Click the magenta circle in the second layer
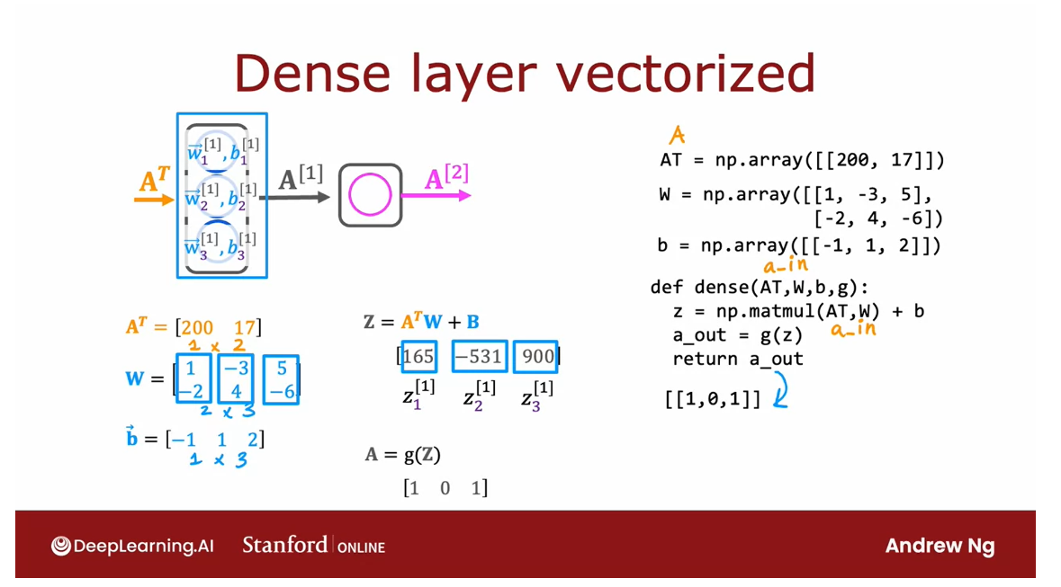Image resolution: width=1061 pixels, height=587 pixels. [370, 195]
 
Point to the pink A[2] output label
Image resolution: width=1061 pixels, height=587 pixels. [446, 177]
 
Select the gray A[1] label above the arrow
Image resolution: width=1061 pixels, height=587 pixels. [300, 179]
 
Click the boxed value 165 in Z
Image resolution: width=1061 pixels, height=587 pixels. [418, 357]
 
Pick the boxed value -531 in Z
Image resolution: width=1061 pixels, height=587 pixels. [480, 357]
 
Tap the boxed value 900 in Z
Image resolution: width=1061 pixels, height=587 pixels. [537, 357]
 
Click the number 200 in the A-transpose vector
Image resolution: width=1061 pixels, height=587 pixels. [197, 328]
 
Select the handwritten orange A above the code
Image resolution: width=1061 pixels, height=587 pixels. [677, 136]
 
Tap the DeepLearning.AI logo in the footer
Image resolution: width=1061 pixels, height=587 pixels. [132, 546]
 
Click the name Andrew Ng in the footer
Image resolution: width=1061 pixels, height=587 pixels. [940, 546]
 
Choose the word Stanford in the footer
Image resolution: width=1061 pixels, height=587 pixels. [284, 545]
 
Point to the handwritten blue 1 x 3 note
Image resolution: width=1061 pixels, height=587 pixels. [219, 460]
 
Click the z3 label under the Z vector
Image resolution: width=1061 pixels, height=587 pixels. [537, 396]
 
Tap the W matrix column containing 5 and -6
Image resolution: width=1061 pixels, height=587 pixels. [281, 378]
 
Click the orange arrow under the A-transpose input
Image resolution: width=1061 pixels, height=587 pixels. [154, 199]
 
